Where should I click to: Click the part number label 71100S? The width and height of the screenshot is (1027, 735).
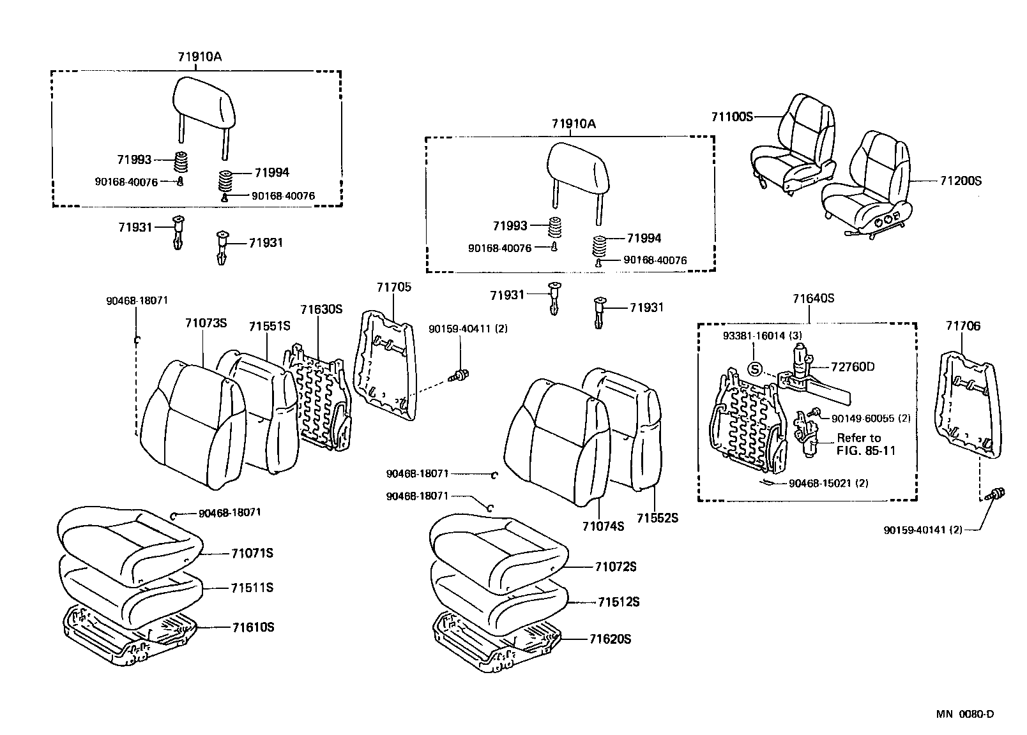point(733,117)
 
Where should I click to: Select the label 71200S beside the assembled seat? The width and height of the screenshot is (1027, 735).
point(960,181)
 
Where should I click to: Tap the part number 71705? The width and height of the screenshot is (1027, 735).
point(394,287)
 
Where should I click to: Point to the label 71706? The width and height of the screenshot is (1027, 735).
point(962,326)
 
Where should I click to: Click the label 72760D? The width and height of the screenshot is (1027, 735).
point(853,367)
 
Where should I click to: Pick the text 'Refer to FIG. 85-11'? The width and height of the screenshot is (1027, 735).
point(865,444)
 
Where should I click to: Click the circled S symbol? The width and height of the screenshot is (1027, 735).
point(755,369)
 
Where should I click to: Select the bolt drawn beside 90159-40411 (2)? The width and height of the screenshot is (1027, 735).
point(457,377)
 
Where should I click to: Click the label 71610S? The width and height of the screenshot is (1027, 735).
point(253,627)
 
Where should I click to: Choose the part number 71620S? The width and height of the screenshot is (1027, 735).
point(610,639)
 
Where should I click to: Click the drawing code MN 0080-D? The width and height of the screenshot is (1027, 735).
point(965,714)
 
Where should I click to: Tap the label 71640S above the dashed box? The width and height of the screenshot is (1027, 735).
point(814,299)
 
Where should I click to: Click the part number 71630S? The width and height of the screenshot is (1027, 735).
point(322,309)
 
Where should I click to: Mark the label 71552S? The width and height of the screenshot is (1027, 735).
point(657,518)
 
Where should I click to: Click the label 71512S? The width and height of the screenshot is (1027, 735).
point(618,602)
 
